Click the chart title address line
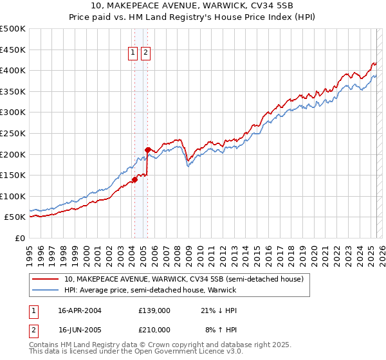(193, 7)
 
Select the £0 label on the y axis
(20, 238)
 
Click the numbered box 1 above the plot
(133, 53)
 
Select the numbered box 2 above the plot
(146, 53)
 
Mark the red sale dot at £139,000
(134, 179)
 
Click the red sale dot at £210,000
(148, 150)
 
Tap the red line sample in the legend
(46, 279)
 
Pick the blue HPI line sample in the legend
(46, 290)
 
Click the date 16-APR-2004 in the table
(80, 310)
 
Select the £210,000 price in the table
(154, 330)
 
